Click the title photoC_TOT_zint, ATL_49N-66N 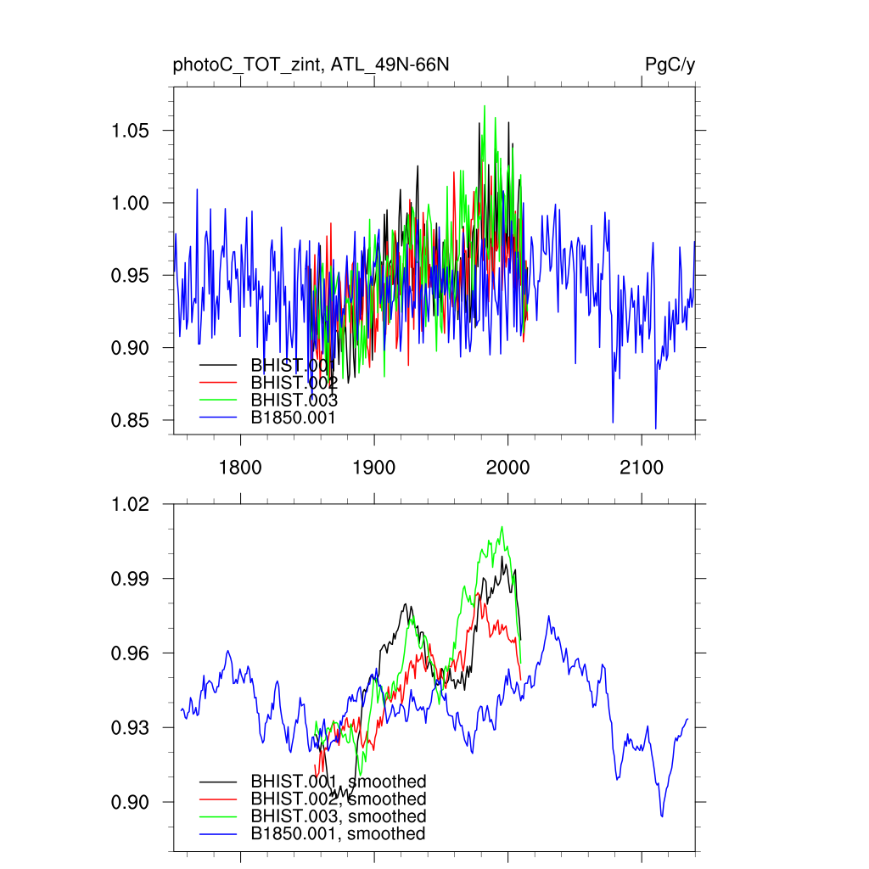tap(311, 65)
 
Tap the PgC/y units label tap(670, 65)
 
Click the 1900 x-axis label tap(374, 467)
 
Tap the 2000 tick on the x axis tap(507, 467)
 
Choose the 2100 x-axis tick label tap(642, 467)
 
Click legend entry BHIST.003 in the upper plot tap(294, 400)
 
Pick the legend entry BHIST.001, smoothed tap(338, 781)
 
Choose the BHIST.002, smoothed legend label tap(338, 799)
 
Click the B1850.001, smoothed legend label tap(338, 834)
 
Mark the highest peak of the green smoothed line tap(502, 527)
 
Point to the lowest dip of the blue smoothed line tap(662, 816)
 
